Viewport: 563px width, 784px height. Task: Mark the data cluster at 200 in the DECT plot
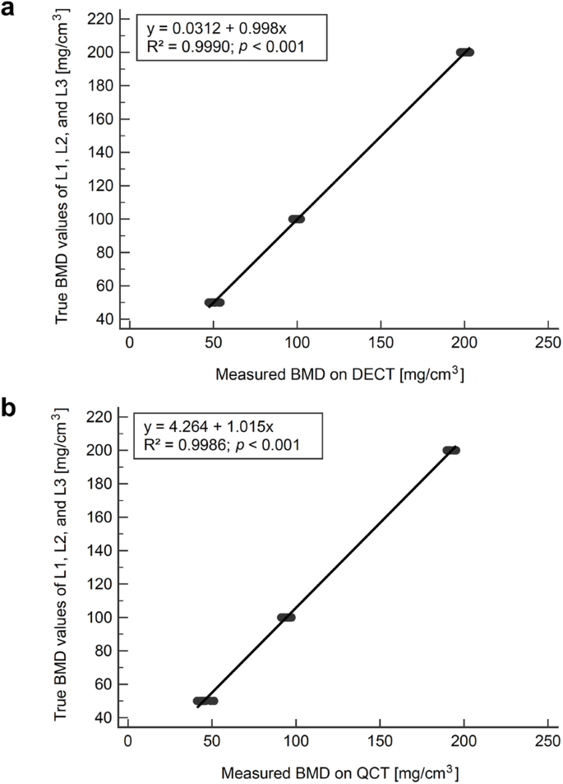(465, 52)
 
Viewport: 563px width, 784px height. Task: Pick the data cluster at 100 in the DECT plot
(297, 219)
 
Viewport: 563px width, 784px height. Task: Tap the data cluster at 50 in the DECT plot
(215, 302)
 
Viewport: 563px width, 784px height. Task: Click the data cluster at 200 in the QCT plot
(451, 450)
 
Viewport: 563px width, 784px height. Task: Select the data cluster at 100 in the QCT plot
(286, 617)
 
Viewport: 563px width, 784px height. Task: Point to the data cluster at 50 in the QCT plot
(205, 701)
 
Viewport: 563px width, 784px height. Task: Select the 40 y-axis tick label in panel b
(105, 717)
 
